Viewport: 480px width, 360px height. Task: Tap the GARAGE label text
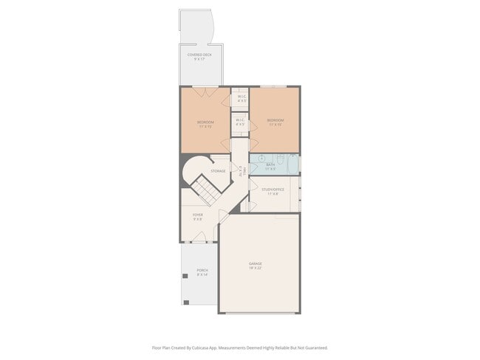pos(256,263)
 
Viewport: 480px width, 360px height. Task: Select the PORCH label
pos(202,271)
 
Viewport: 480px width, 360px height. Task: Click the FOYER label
pos(198,215)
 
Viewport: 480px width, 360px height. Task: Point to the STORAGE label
pos(218,171)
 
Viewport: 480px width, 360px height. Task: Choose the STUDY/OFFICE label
pos(272,190)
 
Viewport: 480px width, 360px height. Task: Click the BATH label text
pos(271,165)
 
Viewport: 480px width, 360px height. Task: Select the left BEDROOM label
pos(205,122)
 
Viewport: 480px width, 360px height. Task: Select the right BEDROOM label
pos(275,120)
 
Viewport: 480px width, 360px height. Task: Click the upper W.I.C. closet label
pos(241,97)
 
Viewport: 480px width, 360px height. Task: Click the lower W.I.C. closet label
pos(240,120)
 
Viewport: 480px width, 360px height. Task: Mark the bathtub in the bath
pos(293,163)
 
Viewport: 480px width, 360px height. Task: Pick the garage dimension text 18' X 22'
pos(256,268)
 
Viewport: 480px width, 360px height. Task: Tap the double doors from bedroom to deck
pos(205,91)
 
